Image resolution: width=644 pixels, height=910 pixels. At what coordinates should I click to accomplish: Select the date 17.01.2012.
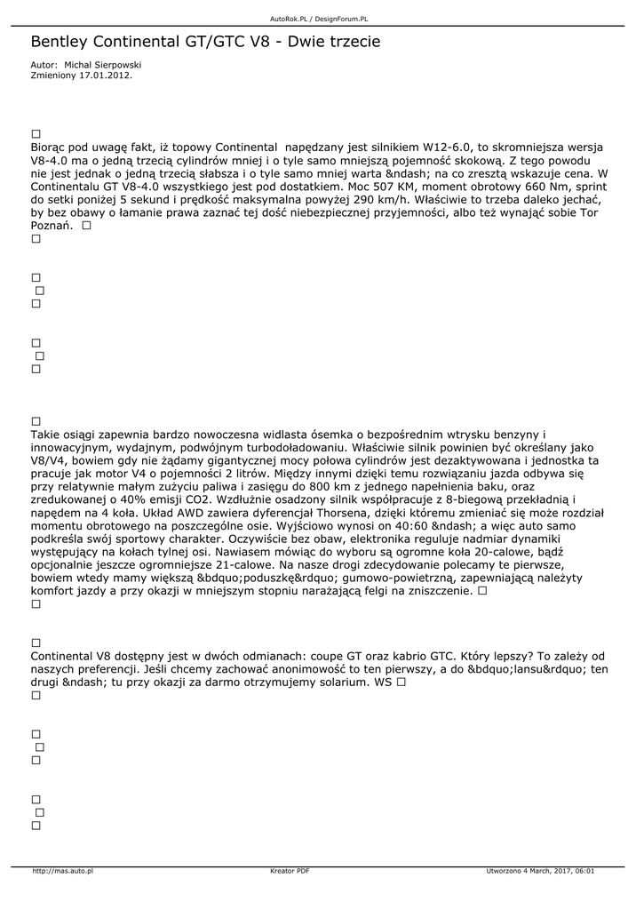[x=106, y=76]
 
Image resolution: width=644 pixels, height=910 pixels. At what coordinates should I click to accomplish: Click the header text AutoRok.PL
[x=288, y=18]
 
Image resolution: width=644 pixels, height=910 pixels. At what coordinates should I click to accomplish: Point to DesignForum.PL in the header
[x=344, y=18]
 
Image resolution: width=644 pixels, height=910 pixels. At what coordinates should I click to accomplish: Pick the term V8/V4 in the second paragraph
[x=52, y=461]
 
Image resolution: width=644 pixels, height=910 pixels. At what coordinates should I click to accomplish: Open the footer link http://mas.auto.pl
[x=62, y=871]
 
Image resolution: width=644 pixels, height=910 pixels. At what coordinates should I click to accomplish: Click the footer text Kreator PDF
[x=290, y=871]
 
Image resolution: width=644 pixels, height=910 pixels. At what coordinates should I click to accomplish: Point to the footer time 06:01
[x=584, y=871]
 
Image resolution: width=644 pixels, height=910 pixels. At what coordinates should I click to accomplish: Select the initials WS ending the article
[x=383, y=682]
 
